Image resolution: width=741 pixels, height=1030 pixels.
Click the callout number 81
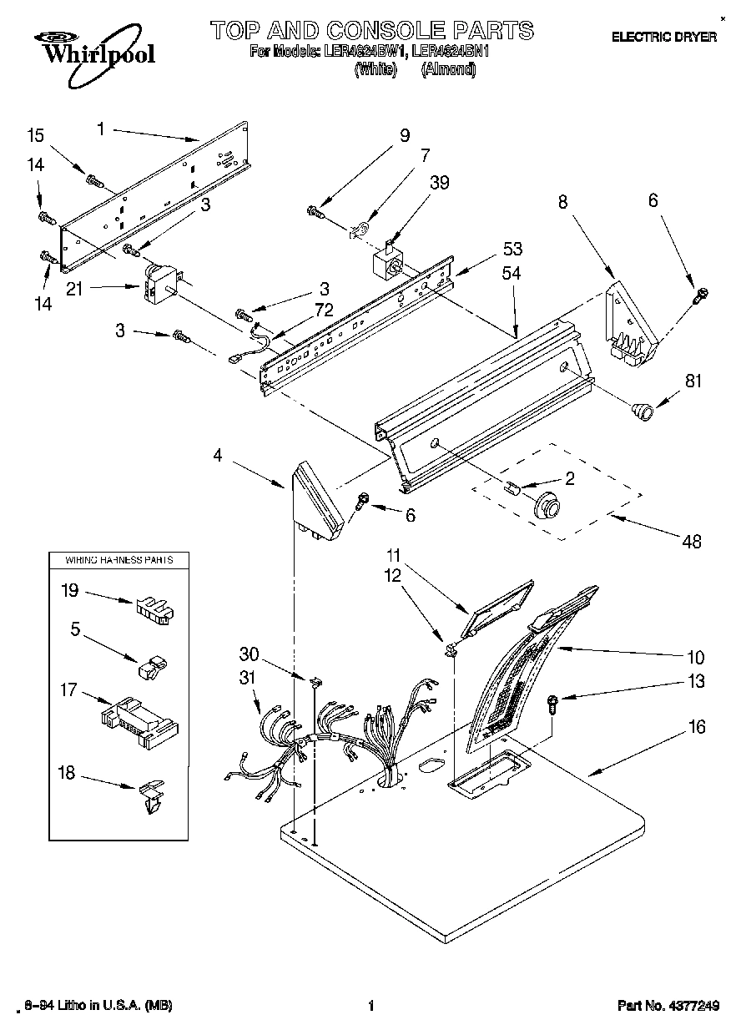click(x=693, y=382)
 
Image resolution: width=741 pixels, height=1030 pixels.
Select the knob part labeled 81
click(x=641, y=410)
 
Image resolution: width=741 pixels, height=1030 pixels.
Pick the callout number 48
click(x=692, y=542)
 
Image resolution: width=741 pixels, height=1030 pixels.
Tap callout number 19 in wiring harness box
click(x=70, y=590)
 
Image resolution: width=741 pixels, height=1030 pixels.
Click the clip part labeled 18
click(x=151, y=795)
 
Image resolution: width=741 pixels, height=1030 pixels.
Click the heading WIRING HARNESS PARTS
click(x=119, y=559)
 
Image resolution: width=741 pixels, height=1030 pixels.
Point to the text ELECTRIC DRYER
click(x=664, y=37)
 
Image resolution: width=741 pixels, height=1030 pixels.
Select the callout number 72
click(x=322, y=309)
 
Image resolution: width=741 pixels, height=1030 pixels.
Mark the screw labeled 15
click(x=93, y=178)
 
